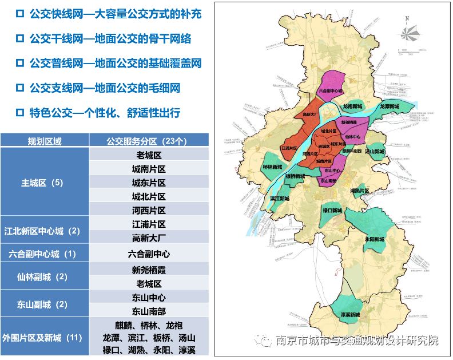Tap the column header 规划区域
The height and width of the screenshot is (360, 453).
click(45, 141)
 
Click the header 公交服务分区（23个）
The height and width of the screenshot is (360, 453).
click(148, 141)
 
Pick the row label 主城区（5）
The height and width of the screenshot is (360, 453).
click(45, 183)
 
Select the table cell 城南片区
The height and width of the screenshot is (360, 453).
click(148, 169)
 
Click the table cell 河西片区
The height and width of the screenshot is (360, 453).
click(148, 210)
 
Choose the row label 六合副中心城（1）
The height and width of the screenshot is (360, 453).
click(45, 254)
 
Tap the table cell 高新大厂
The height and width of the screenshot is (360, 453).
click(148, 238)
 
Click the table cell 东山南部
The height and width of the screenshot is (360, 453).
click(148, 311)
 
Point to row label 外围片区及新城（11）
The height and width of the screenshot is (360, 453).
click(45, 337)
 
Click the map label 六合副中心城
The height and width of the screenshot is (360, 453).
click(330, 91)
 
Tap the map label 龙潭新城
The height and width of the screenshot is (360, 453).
click(391, 106)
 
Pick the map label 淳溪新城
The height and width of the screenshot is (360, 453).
click(349, 315)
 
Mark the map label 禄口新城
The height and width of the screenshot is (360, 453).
click(332, 211)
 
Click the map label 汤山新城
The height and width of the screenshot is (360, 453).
click(375, 152)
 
